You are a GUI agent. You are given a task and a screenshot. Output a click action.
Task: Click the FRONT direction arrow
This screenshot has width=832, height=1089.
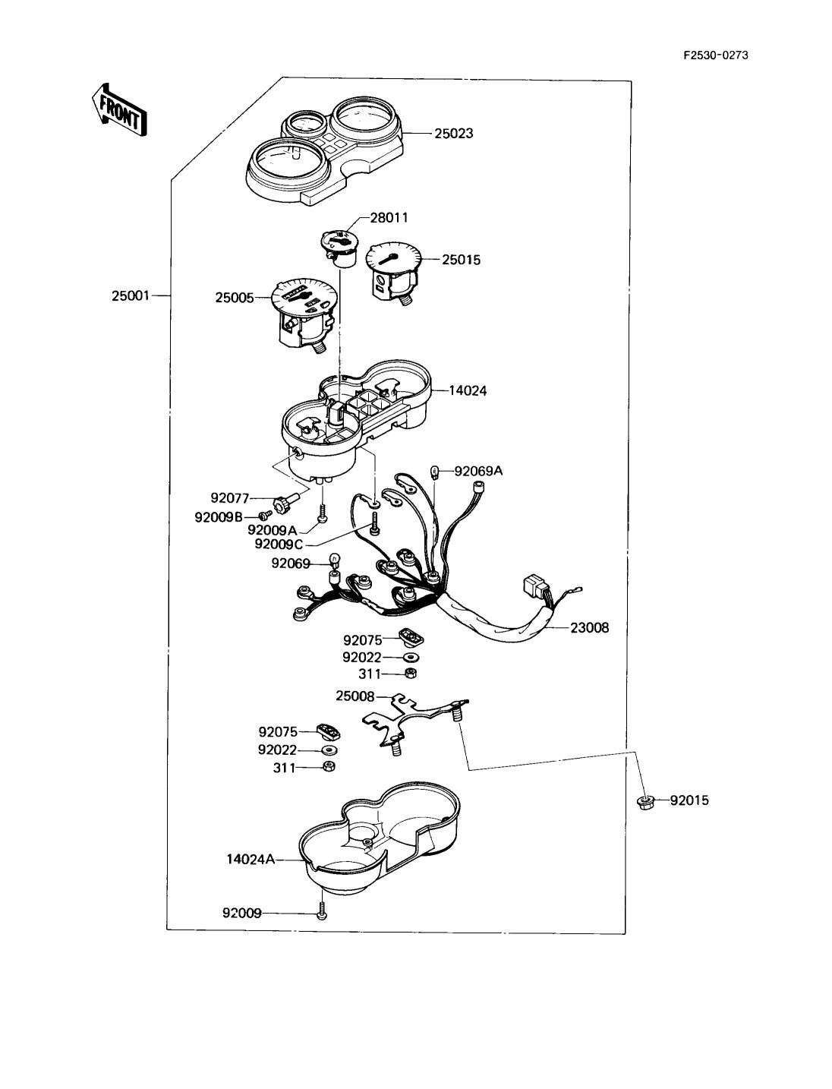pos(119,109)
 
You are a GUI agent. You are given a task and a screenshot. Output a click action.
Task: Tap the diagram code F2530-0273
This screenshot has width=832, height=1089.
pos(716,55)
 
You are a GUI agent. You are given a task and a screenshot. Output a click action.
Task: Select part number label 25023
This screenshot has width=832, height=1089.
pos(454,134)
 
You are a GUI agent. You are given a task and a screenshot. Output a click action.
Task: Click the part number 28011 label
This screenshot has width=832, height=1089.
pos(389,217)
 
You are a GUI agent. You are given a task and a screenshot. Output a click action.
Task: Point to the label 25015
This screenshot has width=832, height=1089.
pos(461,260)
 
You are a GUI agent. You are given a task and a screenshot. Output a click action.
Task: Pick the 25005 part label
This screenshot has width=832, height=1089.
pos(234,298)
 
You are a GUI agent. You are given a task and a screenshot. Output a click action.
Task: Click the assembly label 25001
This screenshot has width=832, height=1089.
pos(131,296)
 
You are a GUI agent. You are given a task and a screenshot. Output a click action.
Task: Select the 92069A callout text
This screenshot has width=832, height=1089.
pos(478,471)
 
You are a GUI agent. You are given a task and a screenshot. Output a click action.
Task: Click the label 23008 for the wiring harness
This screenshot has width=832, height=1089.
pos(590,627)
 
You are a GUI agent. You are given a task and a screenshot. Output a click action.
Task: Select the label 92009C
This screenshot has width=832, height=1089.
pos(278,544)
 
